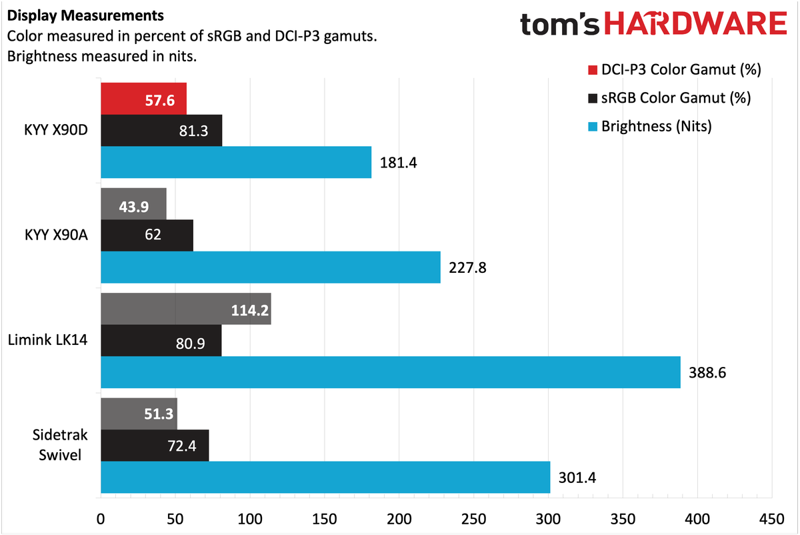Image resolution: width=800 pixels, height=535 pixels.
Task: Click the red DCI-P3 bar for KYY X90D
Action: click(143, 99)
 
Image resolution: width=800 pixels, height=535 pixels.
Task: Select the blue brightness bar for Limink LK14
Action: click(390, 372)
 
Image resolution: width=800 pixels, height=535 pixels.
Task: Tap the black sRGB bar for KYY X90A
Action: click(147, 235)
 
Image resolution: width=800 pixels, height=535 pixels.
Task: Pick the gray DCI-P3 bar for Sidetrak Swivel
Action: click(139, 414)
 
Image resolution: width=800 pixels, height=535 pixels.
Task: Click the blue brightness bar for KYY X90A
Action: click(270, 267)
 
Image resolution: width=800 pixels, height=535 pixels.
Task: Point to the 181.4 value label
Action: click(398, 162)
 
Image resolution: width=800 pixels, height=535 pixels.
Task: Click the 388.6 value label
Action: click(707, 372)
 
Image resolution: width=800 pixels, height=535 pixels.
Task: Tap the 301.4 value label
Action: click(577, 477)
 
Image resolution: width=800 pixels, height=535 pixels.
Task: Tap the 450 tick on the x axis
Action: click(771, 519)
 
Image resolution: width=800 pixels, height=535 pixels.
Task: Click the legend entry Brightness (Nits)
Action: click(656, 126)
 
